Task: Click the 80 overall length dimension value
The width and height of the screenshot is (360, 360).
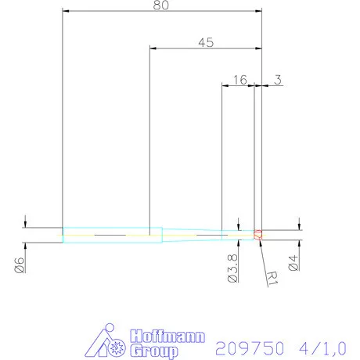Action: [x=161, y=5]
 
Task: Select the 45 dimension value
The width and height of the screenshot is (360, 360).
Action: [x=205, y=43]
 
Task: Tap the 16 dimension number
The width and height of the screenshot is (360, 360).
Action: [x=239, y=80]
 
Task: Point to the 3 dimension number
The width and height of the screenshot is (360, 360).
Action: [x=279, y=80]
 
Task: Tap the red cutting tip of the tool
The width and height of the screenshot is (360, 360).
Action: [x=258, y=233]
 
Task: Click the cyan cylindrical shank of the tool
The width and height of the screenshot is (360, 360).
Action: [x=110, y=233]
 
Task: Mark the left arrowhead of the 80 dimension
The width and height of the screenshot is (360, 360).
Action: [x=66, y=12]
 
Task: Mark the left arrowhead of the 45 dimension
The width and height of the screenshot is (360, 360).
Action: [x=153, y=49]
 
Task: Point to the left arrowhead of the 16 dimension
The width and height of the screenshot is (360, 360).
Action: [x=226, y=86]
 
